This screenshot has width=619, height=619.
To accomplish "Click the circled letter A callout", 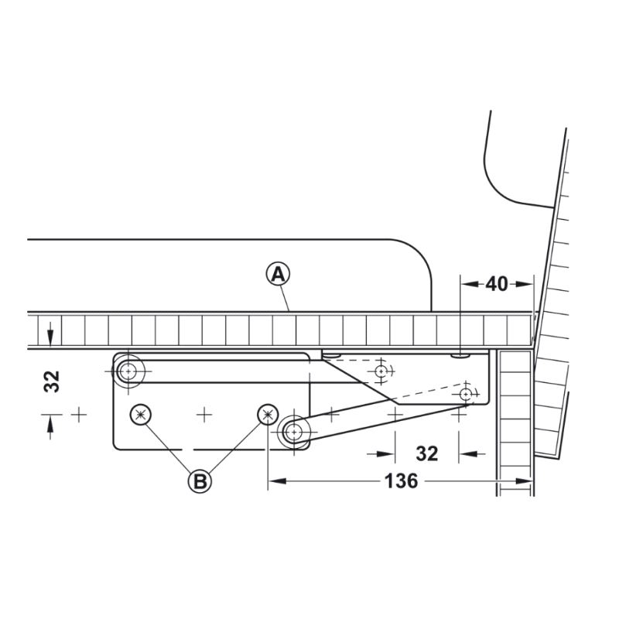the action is click(279, 275).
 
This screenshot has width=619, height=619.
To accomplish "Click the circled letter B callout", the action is click(200, 481).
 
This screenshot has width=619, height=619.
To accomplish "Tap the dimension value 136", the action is click(401, 480).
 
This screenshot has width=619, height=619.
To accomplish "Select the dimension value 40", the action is click(497, 284).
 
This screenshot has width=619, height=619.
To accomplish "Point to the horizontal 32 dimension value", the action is click(427, 454).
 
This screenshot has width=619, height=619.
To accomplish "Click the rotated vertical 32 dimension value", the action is click(52, 381).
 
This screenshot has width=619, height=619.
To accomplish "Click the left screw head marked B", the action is click(141, 415).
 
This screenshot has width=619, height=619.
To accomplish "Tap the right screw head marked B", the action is click(268, 415).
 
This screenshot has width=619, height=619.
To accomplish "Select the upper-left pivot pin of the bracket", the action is click(128, 371).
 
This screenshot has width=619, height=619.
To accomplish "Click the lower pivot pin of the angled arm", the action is click(294, 433).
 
